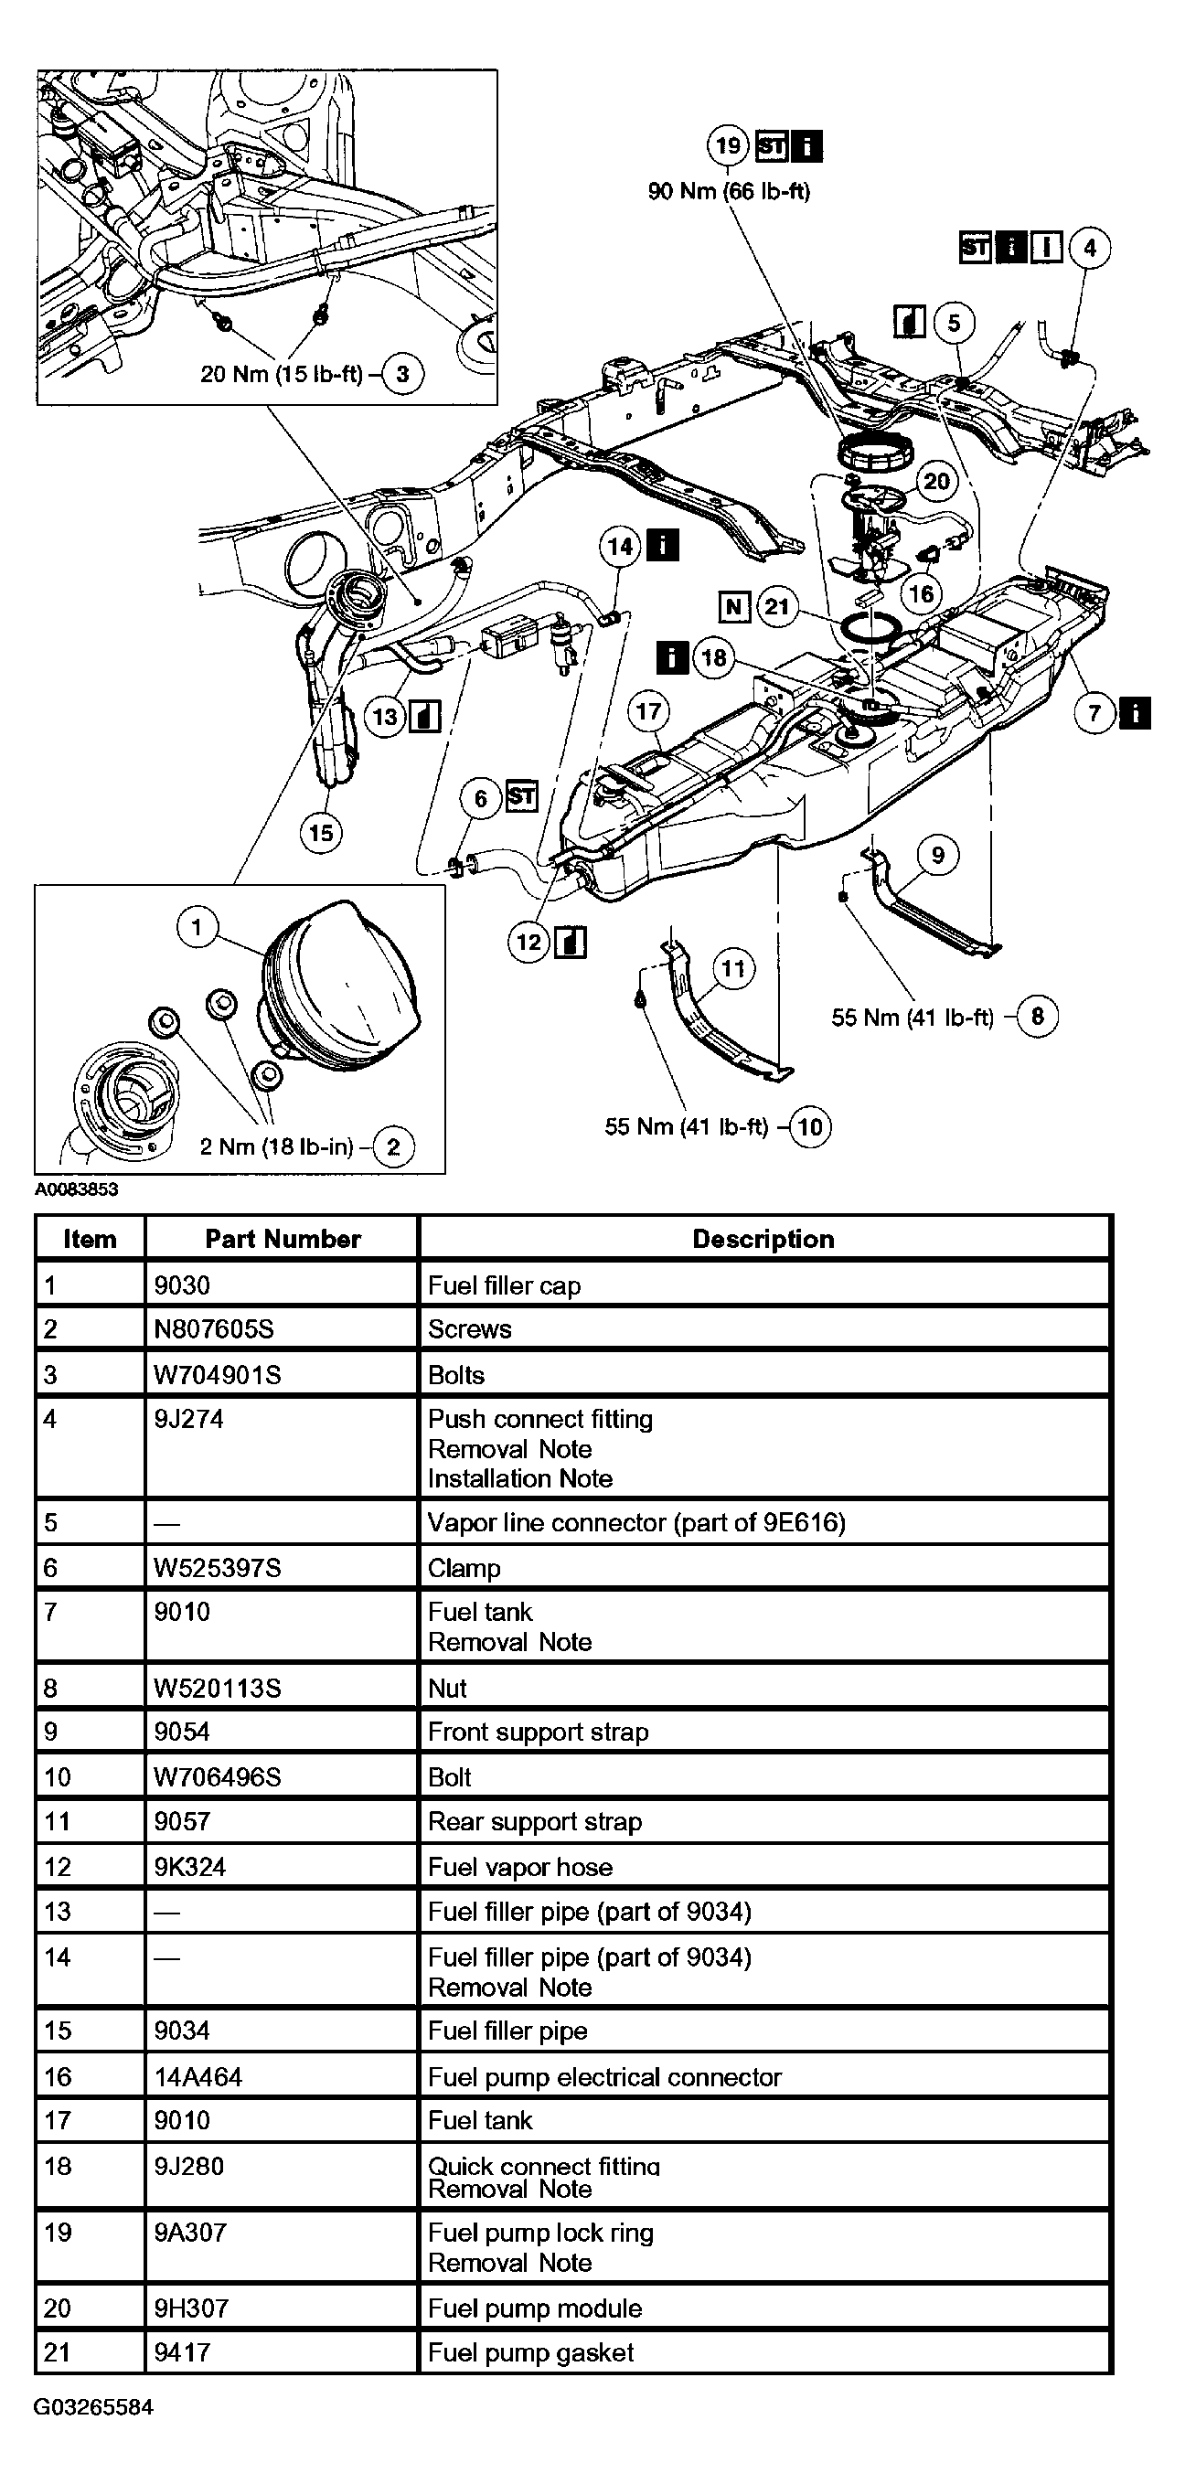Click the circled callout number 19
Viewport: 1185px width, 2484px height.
[727, 145]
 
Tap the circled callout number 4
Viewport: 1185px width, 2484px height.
[1090, 248]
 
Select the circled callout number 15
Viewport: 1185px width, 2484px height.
[321, 832]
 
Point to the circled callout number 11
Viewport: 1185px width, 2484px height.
[733, 969]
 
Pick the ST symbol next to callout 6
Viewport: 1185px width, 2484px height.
[521, 796]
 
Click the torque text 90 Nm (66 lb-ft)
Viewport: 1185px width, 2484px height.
[729, 191]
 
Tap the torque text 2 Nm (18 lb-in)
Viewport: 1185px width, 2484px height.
[277, 1146]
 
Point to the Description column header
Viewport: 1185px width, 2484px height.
[763, 1239]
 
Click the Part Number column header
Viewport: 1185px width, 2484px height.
[283, 1239]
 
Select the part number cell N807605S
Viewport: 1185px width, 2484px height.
[214, 1328]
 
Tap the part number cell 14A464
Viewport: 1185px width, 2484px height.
[197, 2077]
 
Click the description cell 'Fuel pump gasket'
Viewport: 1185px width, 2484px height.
[531, 2352]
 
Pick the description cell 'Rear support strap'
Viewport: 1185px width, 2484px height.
[535, 1821]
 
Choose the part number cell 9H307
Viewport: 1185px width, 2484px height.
[191, 2308]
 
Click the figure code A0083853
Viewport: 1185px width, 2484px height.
[77, 1189]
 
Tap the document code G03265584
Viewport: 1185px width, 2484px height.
[93, 2407]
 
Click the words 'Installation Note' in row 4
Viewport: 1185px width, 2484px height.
[520, 1478]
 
